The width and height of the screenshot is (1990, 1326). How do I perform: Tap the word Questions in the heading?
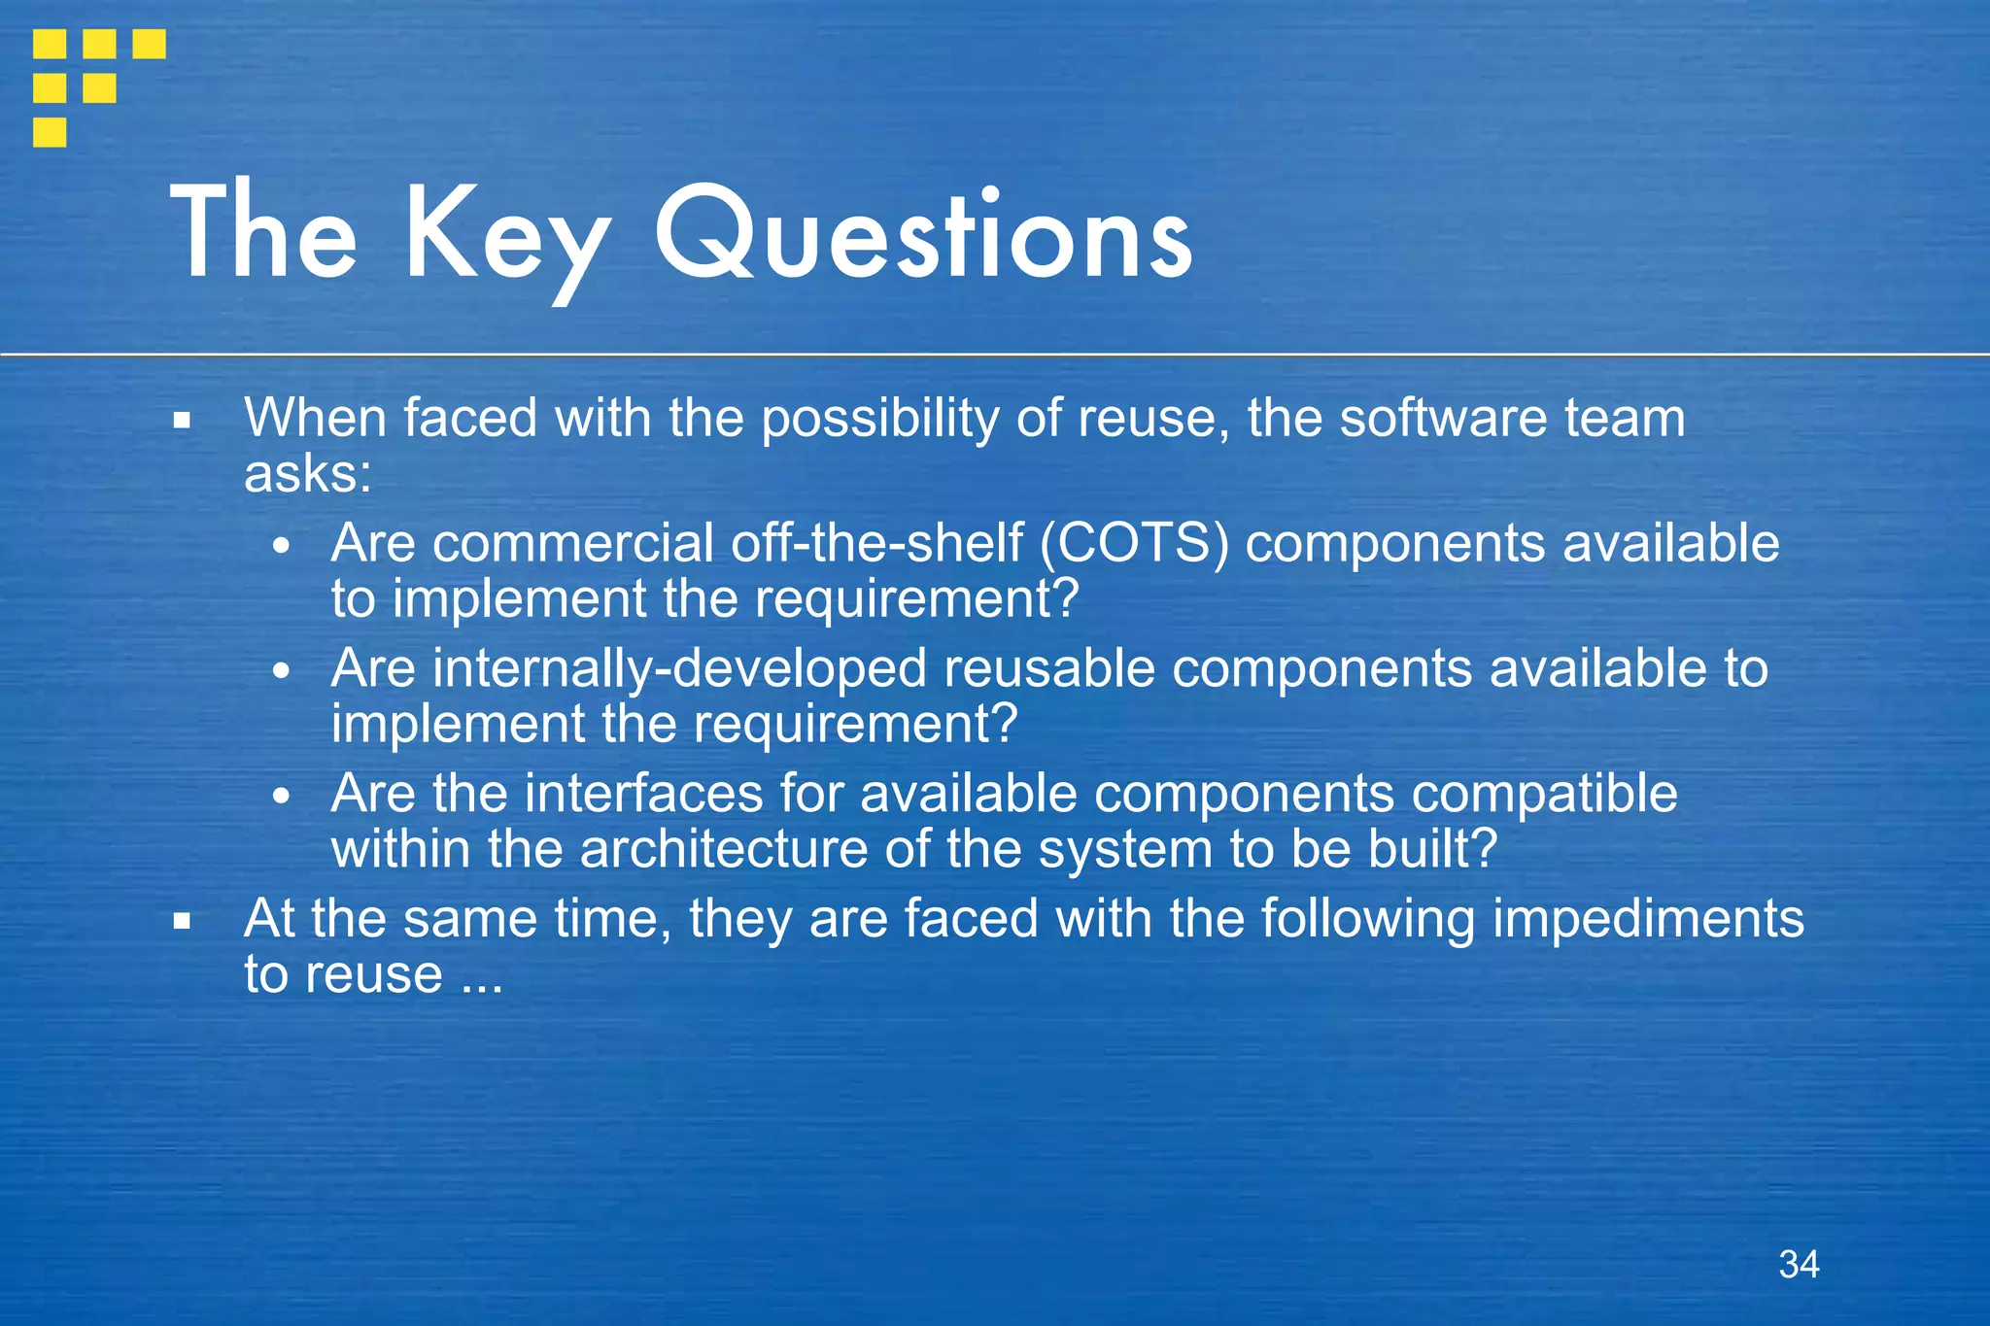pos(923,233)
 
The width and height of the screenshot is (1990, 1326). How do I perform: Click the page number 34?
pos(1799,1264)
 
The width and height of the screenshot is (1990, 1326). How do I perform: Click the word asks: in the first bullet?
pos(307,474)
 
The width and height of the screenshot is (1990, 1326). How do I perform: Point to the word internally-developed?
pos(679,668)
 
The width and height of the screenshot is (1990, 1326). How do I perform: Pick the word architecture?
pos(723,849)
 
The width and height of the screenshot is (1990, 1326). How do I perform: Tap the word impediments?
pos(1648,918)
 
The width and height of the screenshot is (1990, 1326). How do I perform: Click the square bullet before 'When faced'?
pos(182,422)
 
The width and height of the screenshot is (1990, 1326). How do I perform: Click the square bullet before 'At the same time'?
pos(182,922)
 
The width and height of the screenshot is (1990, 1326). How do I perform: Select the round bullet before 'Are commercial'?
pos(281,547)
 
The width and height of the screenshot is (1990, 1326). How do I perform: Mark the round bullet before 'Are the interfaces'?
pos(281,798)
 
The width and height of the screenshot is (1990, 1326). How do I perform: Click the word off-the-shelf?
pos(876,542)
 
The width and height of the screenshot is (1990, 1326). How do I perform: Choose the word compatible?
pos(1544,794)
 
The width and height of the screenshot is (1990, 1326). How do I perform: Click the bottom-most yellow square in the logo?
pos(50,132)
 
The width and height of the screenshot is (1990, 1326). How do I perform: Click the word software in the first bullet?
pos(1444,419)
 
